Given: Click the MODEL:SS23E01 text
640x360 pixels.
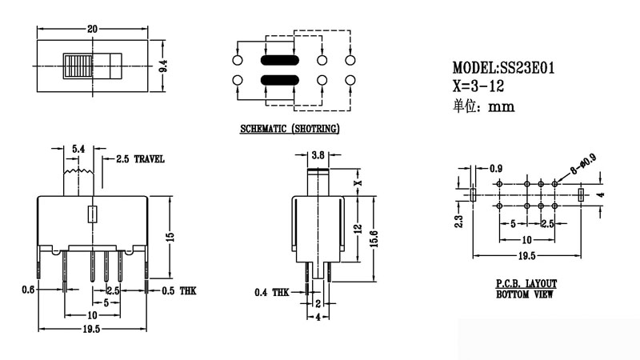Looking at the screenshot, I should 503,69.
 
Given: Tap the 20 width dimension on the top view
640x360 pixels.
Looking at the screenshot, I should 93,30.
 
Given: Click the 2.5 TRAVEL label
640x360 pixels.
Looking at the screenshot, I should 140,159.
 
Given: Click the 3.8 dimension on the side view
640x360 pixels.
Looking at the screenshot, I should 318,155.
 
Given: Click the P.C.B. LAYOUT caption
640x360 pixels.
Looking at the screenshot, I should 526,284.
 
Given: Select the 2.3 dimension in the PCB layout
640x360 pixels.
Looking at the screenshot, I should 459,217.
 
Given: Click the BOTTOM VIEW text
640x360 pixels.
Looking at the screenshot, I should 525,294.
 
